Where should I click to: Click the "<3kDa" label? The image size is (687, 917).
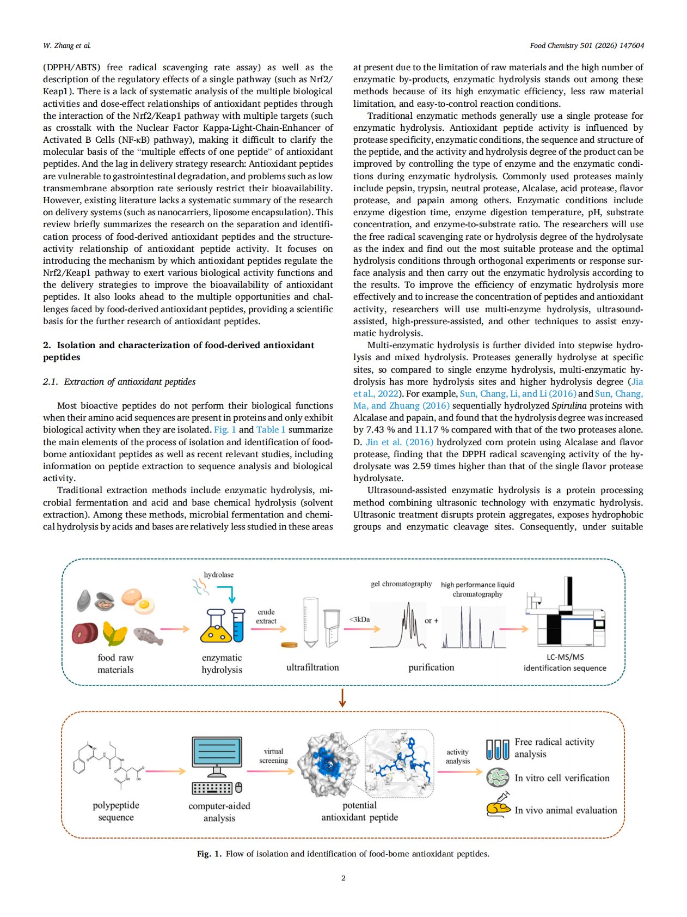[359, 619]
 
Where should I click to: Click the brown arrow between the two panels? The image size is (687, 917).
[342, 697]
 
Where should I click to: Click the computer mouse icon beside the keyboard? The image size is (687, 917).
[238, 787]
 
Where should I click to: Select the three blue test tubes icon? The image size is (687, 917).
[498, 749]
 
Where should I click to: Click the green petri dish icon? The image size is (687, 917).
[498, 778]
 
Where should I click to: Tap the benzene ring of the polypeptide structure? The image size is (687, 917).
[79, 764]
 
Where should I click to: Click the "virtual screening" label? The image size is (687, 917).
[273, 756]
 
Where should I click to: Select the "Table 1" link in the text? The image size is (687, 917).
[271, 429]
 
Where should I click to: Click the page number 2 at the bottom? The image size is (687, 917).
[343, 878]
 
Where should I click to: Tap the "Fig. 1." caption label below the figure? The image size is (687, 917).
[209, 854]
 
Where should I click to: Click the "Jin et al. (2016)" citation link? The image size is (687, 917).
[400, 442]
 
